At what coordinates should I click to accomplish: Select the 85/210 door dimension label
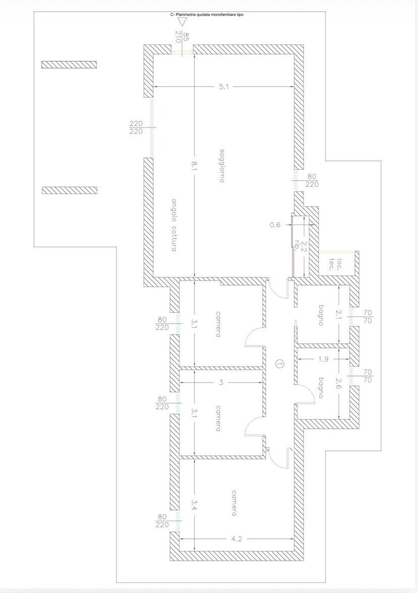pyautogui.click(x=182, y=37)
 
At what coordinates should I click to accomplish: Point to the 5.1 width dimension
pyautogui.click(x=224, y=86)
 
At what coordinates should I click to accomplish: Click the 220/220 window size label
pyautogui.click(x=136, y=127)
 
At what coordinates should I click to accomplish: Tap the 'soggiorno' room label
pyautogui.click(x=223, y=166)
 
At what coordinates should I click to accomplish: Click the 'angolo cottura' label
pyautogui.click(x=173, y=225)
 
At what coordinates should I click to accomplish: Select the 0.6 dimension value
pyautogui.click(x=275, y=224)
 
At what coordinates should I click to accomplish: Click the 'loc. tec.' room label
pyautogui.click(x=336, y=265)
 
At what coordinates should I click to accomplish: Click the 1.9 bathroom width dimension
pyautogui.click(x=324, y=359)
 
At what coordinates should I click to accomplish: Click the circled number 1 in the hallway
pyautogui.click(x=279, y=364)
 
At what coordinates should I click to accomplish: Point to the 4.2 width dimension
pyautogui.click(x=236, y=539)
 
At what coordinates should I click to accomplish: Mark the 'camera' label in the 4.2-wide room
pyautogui.click(x=234, y=504)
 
